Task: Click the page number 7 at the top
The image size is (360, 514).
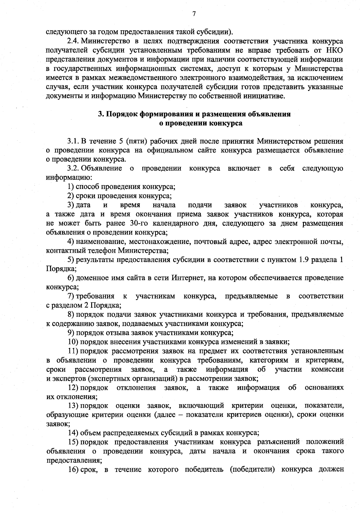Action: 194,14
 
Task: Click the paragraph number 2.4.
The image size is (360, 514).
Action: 73,41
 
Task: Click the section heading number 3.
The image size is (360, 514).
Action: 101,114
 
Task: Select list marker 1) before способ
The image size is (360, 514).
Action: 70,187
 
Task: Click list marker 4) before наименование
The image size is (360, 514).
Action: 70,241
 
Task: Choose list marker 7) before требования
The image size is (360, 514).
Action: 70,296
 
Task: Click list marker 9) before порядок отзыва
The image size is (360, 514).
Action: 70,333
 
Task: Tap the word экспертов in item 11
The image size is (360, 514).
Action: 66,378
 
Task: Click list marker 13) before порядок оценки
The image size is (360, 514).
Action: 72,406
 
